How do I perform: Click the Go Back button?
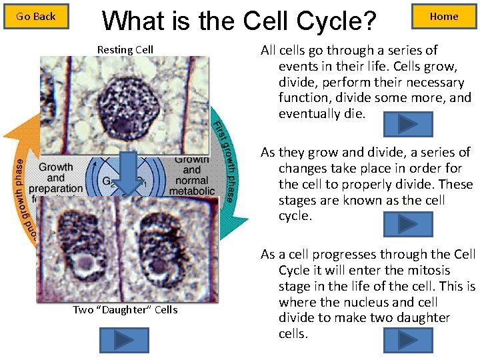coord(36,17)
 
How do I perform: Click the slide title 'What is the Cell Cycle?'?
coord(239,21)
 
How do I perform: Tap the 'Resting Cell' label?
coord(125,49)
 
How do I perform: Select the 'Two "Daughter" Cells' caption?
coord(125,309)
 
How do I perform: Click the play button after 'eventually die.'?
coord(408,124)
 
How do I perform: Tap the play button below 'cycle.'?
coord(408,225)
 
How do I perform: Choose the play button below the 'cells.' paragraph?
coord(408,340)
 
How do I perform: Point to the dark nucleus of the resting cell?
coord(126,104)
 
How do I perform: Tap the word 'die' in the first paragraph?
coord(358,114)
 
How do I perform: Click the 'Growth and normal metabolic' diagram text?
coord(192,175)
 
